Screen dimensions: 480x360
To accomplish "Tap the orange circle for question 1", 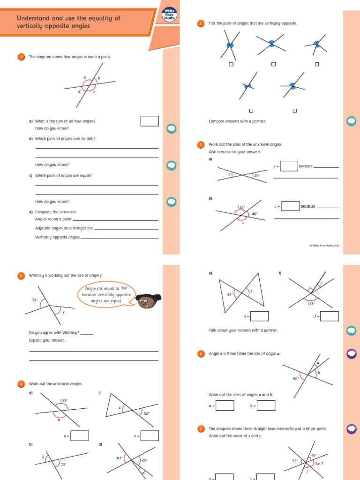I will click(x=21, y=57).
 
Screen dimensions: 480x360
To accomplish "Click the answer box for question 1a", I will click(x=150, y=121).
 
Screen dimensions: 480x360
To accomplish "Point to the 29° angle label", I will click(x=256, y=176).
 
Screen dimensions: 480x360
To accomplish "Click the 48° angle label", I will click(x=255, y=214).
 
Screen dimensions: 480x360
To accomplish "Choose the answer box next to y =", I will click(x=289, y=166).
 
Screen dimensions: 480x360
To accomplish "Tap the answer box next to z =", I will click(x=290, y=206).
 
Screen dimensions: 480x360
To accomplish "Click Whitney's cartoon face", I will click(x=147, y=301).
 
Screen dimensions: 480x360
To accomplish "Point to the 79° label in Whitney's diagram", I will click(x=35, y=300).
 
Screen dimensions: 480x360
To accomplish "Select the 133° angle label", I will click(x=64, y=401).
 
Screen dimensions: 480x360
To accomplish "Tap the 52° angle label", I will click(x=146, y=413).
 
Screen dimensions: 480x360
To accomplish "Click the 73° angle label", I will click(x=63, y=465).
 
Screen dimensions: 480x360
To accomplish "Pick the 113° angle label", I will click(x=311, y=303).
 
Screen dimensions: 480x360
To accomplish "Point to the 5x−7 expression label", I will click(x=320, y=464).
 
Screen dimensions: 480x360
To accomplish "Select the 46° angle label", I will click(x=314, y=455).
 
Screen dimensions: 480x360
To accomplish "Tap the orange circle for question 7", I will click(x=201, y=428).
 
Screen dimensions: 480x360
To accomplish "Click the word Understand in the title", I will click(x=33, y=18).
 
